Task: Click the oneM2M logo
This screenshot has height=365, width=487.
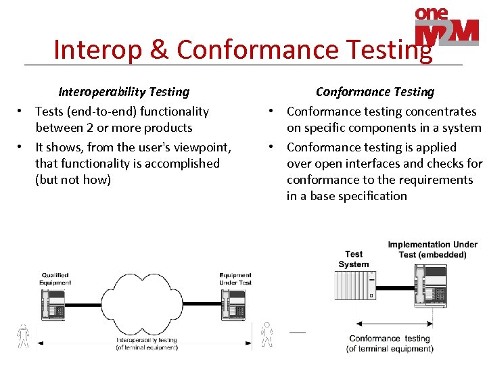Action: point(446,29)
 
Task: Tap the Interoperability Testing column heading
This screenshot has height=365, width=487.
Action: point(124,92)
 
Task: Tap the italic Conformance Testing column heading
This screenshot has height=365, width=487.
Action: point(375,92)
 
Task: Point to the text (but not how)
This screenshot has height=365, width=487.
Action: point(73,180)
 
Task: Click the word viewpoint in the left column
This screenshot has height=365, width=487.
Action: point(199,147)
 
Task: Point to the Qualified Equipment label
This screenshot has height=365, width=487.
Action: point(55,279)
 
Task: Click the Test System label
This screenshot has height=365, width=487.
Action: point(354,260)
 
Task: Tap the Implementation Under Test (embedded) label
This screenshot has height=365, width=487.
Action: point(432,249)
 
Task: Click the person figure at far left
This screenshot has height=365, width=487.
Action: point(24,336)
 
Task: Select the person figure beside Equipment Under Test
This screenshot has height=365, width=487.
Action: point(267,335)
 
